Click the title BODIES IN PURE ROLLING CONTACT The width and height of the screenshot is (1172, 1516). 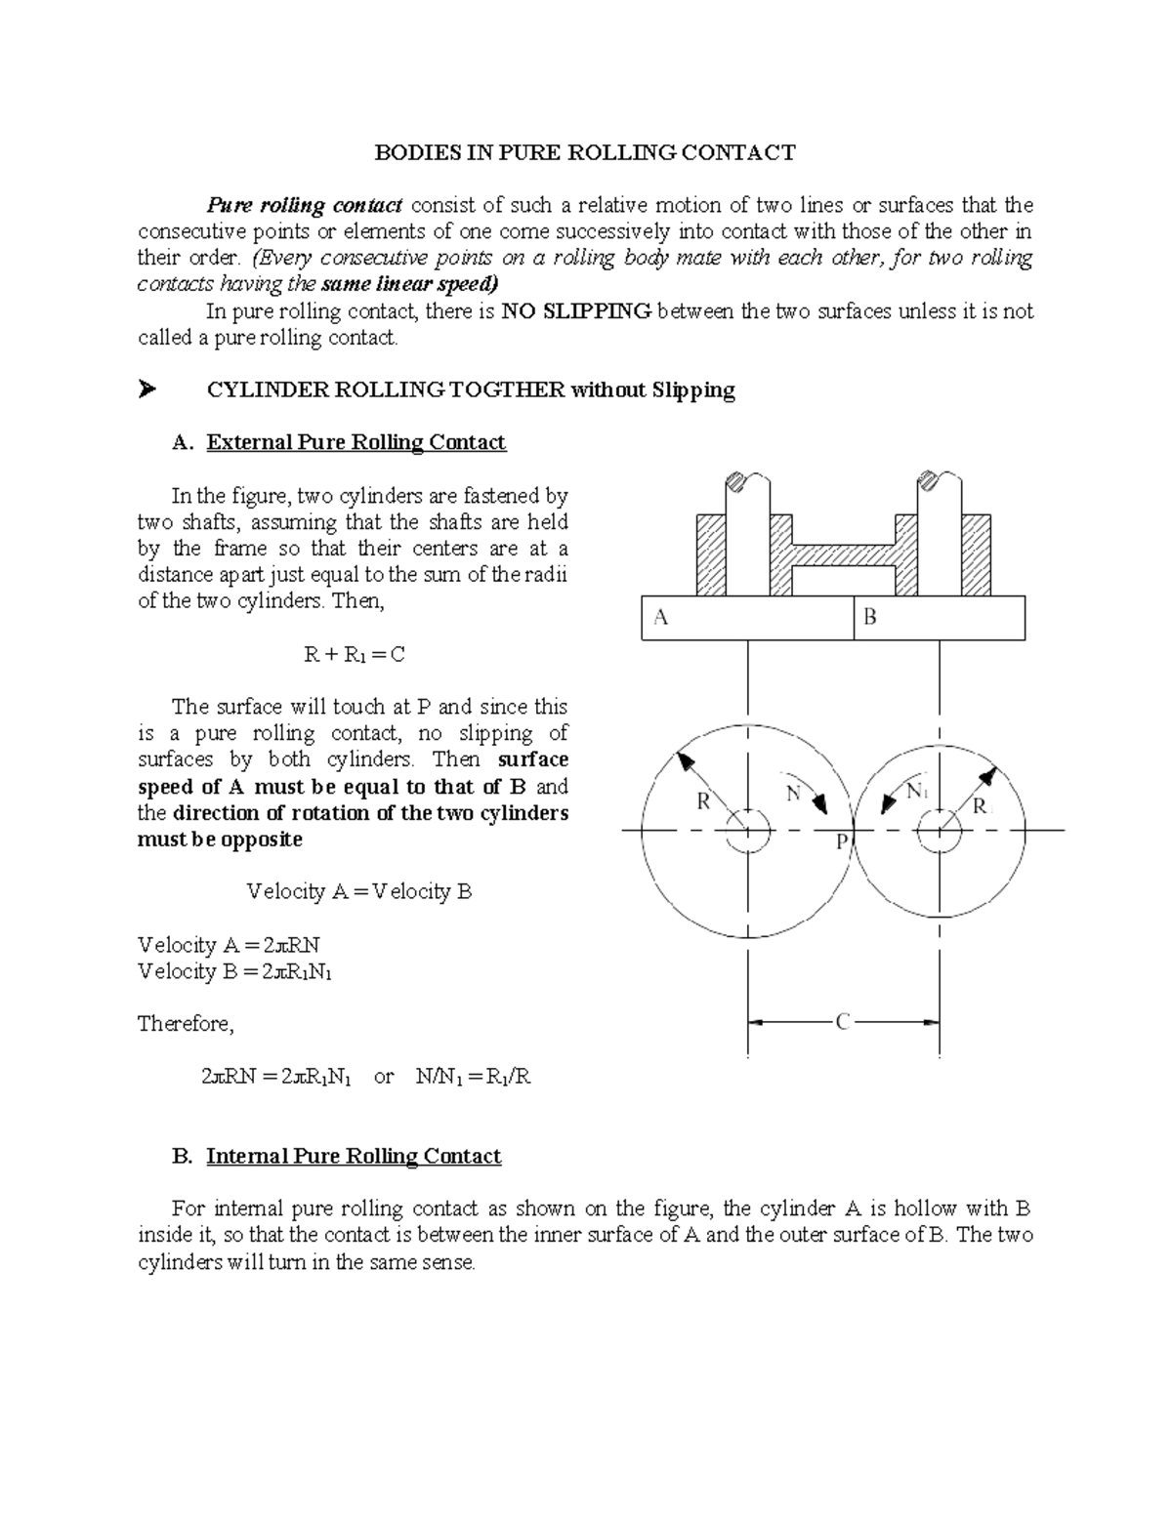[x=586, y=152]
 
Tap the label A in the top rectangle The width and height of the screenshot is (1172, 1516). [x=661, y=617]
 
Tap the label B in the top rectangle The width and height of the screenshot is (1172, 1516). [x=870, y=617]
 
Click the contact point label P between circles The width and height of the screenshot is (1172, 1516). [x=842, y=842]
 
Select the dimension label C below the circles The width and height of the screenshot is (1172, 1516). [x=843, y=1022]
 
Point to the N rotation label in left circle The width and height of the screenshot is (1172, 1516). [x=793, y=794]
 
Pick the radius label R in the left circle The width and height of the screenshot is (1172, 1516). [x=702, y=802]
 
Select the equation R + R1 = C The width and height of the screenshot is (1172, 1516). [x=354, y=654]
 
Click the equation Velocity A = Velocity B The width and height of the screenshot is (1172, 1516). [x=359, y=891]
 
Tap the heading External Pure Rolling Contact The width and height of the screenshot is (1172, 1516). [x=356, y=442]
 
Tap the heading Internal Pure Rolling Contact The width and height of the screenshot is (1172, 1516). [x=354, y=1156]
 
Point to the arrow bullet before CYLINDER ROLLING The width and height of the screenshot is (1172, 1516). [x=147, y=390]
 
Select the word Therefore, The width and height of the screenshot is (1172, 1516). [x=186, y=1023]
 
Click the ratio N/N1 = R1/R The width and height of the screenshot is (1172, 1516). [x=473, y=1077]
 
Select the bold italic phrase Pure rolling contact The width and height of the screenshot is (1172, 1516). [x=304, y=205]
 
